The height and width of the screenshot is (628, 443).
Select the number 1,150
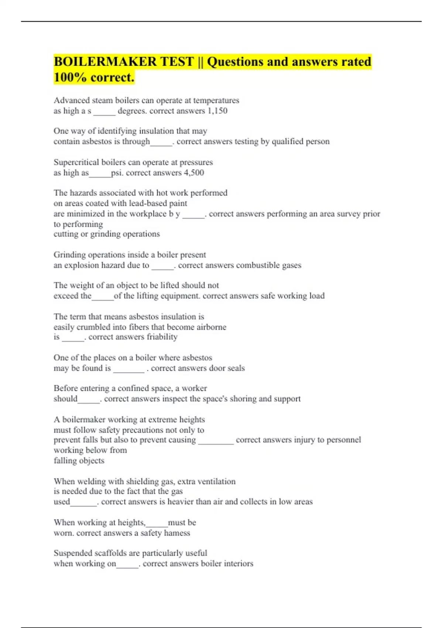coord(217,111)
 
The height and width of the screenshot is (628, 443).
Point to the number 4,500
coord(194,173)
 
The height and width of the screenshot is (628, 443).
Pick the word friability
coord(162,337)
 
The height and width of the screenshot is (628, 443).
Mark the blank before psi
coord(100,173)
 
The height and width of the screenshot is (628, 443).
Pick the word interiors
coord(238,564)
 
